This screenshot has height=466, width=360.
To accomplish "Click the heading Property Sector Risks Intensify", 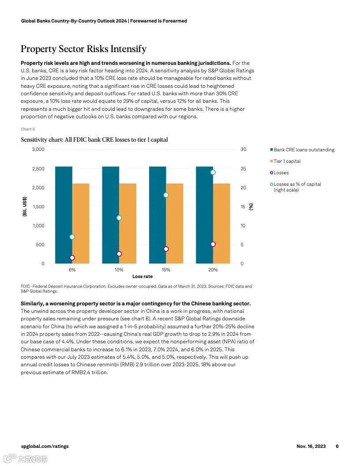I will pyautogui.click(x=83, y=49).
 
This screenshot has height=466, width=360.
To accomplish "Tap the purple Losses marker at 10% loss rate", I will pyautogui.click(x=119, y=254).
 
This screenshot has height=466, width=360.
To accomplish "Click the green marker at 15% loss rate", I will pyautogui.click(x=166, y=195).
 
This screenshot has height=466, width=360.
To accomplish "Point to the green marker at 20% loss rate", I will pyautogui.click(x=213, y=172).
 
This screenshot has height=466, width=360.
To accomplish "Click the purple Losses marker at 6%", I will pyautogui.click(x=72, y=258).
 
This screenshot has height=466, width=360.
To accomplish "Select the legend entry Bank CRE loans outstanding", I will pyautogui.click(x=304, y=150).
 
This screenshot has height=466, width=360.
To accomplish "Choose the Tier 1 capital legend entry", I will pyautogui.click(x=287, y=161).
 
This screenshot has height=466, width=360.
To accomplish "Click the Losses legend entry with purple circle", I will pyautogui.click(x=281, y=173).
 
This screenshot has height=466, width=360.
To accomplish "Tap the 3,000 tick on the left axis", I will pyautogui.click(x=38, y=150).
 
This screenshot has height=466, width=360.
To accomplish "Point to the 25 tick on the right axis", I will pyautogui.click(x=243, y=169).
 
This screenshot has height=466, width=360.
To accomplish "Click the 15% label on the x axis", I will pyautogui.click(x=166, y=270).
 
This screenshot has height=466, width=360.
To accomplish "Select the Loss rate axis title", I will pyautogui.click(x=142, y=277).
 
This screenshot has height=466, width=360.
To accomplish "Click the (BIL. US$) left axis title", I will pyautogui.click(x=25, y=207).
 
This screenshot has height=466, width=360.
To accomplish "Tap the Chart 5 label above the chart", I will pyautogui.click(x=28, y=129).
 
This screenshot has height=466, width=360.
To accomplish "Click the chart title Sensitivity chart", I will pyautogui.click(x=94, y=140).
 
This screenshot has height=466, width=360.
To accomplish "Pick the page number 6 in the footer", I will pyautogui.click(x=337, y=446).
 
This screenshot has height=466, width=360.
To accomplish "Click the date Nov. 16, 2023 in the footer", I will pyautogui.click(x=311, y=446).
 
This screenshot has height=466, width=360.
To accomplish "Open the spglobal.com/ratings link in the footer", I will pyautogui.click(x=45, y=446).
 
